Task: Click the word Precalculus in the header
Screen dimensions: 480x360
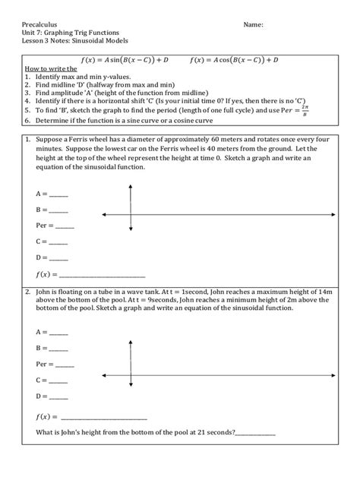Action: [x=40, y=25]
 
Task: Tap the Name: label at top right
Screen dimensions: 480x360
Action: [x=253, y=25]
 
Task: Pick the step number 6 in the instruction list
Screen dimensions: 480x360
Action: [x=27, y=120]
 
